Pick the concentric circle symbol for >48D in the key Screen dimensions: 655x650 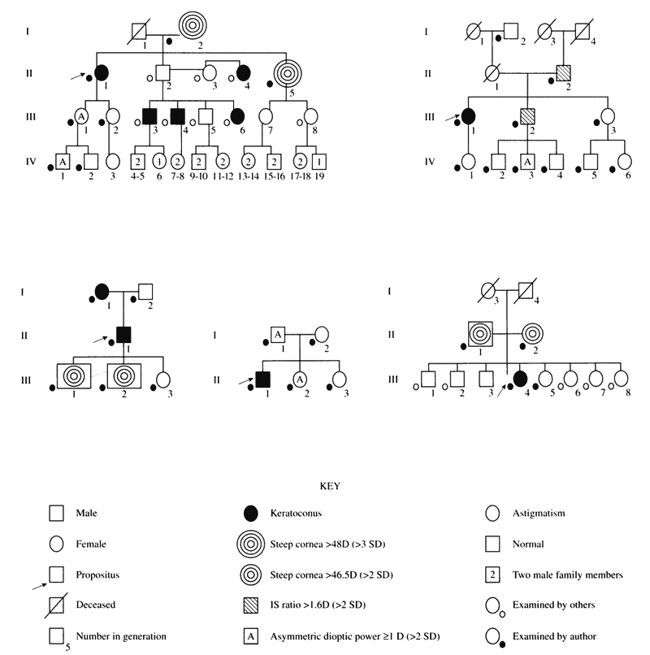250,544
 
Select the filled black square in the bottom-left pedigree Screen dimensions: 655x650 124,333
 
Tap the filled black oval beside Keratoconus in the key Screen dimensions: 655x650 250,514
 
